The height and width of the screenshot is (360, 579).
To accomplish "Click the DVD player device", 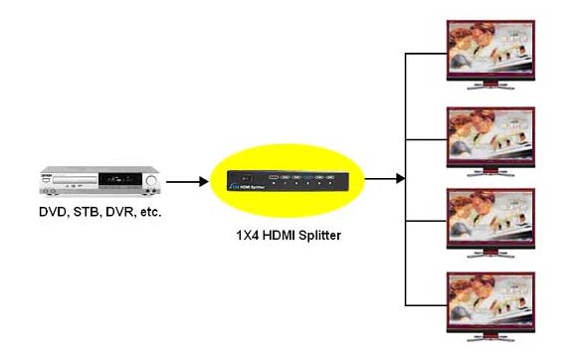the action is click(99, 181).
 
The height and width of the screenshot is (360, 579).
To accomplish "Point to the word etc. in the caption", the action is click(151, 212).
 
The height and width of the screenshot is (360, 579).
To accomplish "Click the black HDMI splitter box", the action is click(289, 181).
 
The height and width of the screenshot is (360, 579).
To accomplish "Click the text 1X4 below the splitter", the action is click(247, 236).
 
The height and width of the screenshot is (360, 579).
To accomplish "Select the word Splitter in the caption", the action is click(319, 236).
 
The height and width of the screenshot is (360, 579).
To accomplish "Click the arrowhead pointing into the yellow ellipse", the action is click(204, 182).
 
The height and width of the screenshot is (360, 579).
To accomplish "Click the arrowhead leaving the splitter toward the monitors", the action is click(400, 179).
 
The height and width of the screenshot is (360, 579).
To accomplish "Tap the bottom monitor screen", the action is click(490, 300).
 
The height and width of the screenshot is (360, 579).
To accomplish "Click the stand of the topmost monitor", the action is click(490, 86).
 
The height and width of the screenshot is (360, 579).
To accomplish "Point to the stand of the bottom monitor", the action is click(490, 337).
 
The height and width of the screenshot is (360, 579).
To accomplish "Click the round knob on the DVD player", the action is click(151, 181).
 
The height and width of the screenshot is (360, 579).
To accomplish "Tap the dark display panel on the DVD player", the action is click(120, 179).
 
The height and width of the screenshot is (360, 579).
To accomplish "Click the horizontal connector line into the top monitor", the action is click(426, 54).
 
